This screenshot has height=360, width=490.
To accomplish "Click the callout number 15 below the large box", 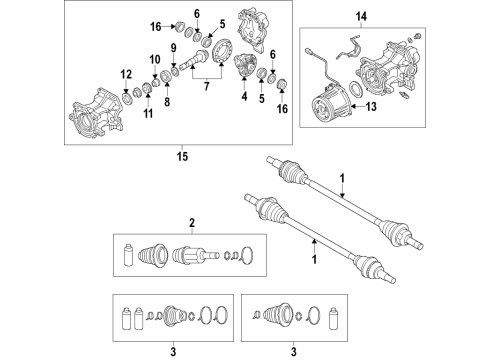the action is [182, 156].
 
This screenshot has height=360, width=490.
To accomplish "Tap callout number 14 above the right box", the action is [361, 16].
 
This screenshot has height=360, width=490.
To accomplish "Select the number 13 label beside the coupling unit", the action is [371, 107].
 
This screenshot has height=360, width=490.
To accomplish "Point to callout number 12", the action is [126, 74].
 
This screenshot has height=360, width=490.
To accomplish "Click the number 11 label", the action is [148, 114].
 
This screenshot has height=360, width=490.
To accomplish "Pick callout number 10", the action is [155, 60].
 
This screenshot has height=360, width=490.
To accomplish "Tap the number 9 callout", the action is [173, 48].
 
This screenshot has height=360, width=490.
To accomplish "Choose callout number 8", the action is [167, 102].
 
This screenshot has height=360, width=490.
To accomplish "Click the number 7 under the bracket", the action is [207, 86].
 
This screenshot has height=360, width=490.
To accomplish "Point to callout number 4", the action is [245, 96].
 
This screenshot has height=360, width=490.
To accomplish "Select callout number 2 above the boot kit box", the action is [192, 223].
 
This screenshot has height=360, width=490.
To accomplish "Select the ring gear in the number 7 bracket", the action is [221, 50].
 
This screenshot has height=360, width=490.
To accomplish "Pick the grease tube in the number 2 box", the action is [128, 256].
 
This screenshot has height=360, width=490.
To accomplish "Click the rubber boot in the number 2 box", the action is [153, 256].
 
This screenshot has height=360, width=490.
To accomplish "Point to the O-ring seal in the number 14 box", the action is [356, 91].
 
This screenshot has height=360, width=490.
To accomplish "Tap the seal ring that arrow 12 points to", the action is [126, 98].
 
